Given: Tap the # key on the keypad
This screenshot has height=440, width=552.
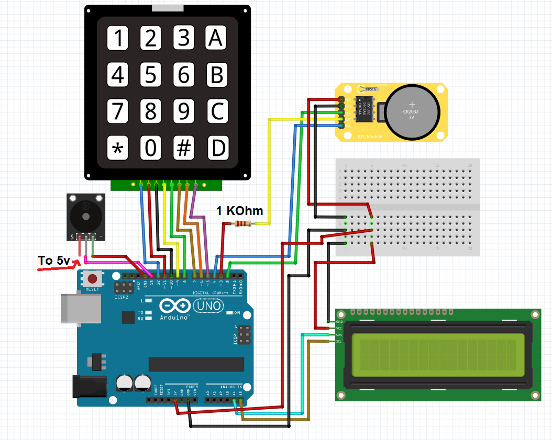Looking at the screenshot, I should click(183, 149).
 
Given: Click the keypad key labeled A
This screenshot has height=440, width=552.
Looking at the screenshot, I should click(216, 38).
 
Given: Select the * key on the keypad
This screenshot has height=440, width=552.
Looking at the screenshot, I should click(118, 149).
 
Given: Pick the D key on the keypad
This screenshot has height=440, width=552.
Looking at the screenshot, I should click(216, 149).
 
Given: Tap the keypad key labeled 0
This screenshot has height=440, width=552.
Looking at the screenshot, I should click(151, 149).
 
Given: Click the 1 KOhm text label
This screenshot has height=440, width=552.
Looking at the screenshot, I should click(239, 211).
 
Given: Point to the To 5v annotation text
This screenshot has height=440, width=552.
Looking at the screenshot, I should click(53, 260).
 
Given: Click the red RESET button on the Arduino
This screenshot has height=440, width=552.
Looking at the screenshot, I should click(93, 278).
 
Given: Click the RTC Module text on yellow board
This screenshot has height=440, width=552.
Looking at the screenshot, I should click(370, 137).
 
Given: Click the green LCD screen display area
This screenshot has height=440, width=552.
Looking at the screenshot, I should click(438, 355).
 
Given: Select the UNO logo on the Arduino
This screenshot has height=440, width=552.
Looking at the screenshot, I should click(208, 306).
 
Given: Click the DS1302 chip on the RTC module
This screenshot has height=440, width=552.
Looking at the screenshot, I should click(364, 109).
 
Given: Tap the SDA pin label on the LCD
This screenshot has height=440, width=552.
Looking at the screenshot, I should click(339, 335).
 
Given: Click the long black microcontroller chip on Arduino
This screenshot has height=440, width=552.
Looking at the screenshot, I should click(196, 363).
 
